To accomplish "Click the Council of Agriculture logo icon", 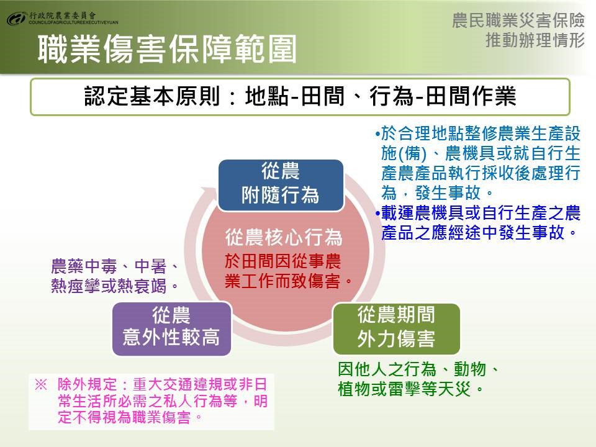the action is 16,18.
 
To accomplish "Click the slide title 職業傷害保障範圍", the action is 167,50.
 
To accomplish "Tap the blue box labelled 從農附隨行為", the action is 281,185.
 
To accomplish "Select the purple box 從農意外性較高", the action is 172,329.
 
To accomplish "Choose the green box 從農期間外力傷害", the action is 397,329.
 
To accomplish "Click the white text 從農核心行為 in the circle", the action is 284,237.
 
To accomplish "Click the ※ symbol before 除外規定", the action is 41,384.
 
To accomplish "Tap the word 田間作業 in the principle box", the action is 471,96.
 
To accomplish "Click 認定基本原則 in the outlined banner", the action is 152,96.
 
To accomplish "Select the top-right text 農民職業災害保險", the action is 518,20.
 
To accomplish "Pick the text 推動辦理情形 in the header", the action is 535,40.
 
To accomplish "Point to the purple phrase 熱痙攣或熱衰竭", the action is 109,286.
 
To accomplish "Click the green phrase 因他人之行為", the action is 387,369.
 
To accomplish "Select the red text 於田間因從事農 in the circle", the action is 283,261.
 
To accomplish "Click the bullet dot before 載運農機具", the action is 377,213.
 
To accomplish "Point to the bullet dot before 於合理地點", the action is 377,134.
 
